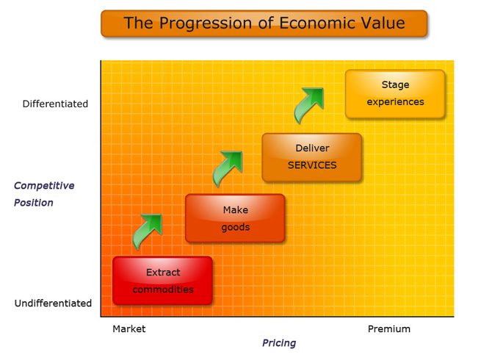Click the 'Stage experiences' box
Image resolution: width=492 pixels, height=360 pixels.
pyautogui.click(x=395, y=94)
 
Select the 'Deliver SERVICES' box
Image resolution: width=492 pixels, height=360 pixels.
pyautogui.click(x=312, y=157)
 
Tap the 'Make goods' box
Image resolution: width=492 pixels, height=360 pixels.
pyautogui.click(x=235, y=218)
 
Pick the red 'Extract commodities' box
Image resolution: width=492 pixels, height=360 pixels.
pyautogui.click(x=162, y=281)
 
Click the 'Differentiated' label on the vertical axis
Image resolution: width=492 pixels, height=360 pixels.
pyautogui.click(x=55, y=104)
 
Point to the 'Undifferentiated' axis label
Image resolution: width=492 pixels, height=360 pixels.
pyautogui.click(x=53, y=303)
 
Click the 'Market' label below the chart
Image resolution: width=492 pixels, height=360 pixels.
pyautogui.click(x=129, y=329)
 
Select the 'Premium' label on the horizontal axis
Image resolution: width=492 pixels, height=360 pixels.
pyautogui.click(x=389, y=329)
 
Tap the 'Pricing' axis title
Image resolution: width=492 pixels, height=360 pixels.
pyautogui.click(x=279, y=343)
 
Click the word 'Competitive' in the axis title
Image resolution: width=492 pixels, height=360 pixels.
pyautogui.click(x=44, y=186)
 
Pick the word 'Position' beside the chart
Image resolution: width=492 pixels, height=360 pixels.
pyautogui.click(x=34, y=203)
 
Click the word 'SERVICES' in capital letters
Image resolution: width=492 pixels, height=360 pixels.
pyautogui.click(x=312, y=165)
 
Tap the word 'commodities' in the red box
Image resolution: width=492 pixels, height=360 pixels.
pyautogui.click(x=163, y=289)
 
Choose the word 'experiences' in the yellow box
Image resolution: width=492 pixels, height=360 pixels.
pyautogui.click(x=395, y=102)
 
